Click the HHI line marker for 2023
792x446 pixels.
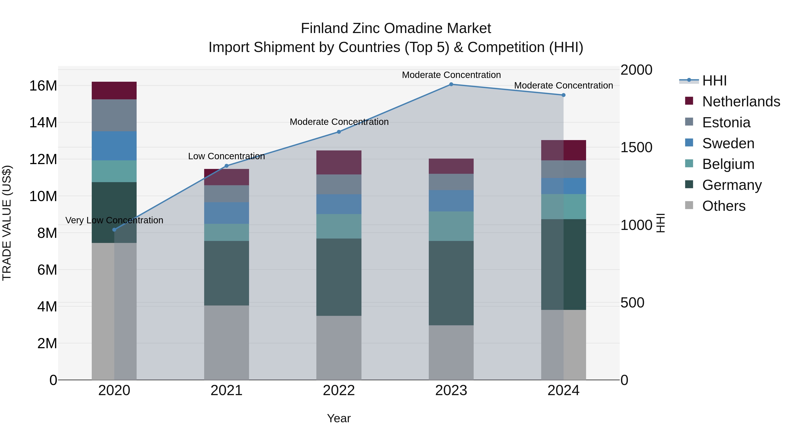click(451, 84)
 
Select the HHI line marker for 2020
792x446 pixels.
click(114, 230)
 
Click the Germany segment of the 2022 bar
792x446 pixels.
click(339, 277)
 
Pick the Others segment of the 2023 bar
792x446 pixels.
click(451, 352)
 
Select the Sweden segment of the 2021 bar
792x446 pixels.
click(227, 213)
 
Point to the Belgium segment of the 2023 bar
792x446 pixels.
click(451, 226)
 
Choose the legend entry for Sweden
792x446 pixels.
click(728, 143)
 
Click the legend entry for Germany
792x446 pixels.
click(732, 185)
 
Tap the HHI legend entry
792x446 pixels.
click(714, 81)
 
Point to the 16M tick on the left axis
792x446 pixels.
click(43, 86)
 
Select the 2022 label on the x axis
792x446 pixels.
click(339, 390)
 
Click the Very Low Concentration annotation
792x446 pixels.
click(114, 220)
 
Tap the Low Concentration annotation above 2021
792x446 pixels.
click(227, 156)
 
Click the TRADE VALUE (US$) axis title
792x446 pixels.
click(7, 223)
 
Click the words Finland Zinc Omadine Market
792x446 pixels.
click(396, 28)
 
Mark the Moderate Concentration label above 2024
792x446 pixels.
click(563, 86)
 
